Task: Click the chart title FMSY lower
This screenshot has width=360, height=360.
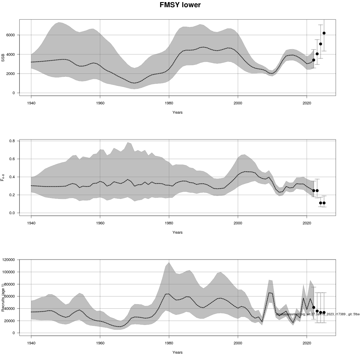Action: [x=180, y=5]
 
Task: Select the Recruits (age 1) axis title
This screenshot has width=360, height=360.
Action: [x=3, y=295]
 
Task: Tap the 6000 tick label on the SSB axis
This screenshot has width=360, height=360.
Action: [x=10, y=35]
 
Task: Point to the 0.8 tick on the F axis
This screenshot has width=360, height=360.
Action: [x=12, y=141]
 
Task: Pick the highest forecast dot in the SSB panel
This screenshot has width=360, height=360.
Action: [x=324, y=33]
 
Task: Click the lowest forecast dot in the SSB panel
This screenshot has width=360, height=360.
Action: [x=314, y=60]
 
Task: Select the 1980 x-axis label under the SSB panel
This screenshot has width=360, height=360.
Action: [x=169, y=103]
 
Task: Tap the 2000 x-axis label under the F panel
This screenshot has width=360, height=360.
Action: [x=238, y=223]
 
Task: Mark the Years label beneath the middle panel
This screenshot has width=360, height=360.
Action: [x=177, y=232]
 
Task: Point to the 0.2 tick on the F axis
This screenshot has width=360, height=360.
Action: [x=12, y=195]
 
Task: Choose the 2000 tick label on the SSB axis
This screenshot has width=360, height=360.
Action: [x=10, y=74]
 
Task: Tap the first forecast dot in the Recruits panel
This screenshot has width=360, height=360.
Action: [x=314, y=307]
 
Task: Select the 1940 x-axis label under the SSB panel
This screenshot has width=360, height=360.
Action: [x=31, y=103]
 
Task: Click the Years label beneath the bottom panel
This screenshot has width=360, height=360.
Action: [x=177, y=352]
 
